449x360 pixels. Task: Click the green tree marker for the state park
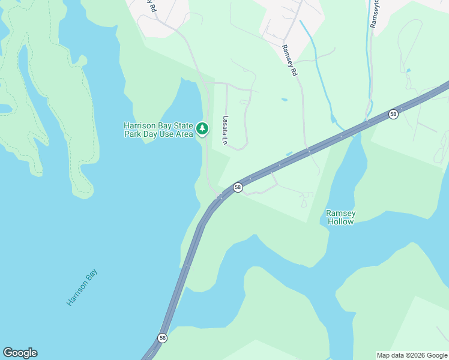tap(202, 128)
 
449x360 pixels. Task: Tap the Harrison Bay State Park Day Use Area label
tap(158, 130)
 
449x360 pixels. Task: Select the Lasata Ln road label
tap(226, 130)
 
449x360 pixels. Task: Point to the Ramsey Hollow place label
tap(340, 217)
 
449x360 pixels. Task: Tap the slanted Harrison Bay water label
tap(82, 287)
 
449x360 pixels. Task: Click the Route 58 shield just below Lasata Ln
tap(238, 187)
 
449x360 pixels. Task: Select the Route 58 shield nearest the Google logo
tap(163, 338)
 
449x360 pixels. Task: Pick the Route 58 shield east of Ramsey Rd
tap(393, 113)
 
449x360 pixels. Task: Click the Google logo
tap(20, 352)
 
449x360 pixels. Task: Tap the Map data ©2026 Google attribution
tap(412, 355)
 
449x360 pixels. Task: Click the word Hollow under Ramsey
tap(340, 222)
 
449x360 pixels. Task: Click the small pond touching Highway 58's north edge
tap(289, 154)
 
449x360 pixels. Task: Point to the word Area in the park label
tap(184, 134)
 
